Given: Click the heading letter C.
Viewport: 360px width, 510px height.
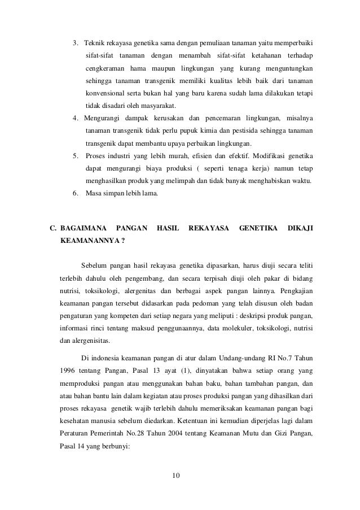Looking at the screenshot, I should pyautogui.click(x=54, y=229).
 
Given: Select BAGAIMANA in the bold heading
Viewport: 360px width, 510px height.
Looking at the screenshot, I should pyautogui.click(x=81, y=229).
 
